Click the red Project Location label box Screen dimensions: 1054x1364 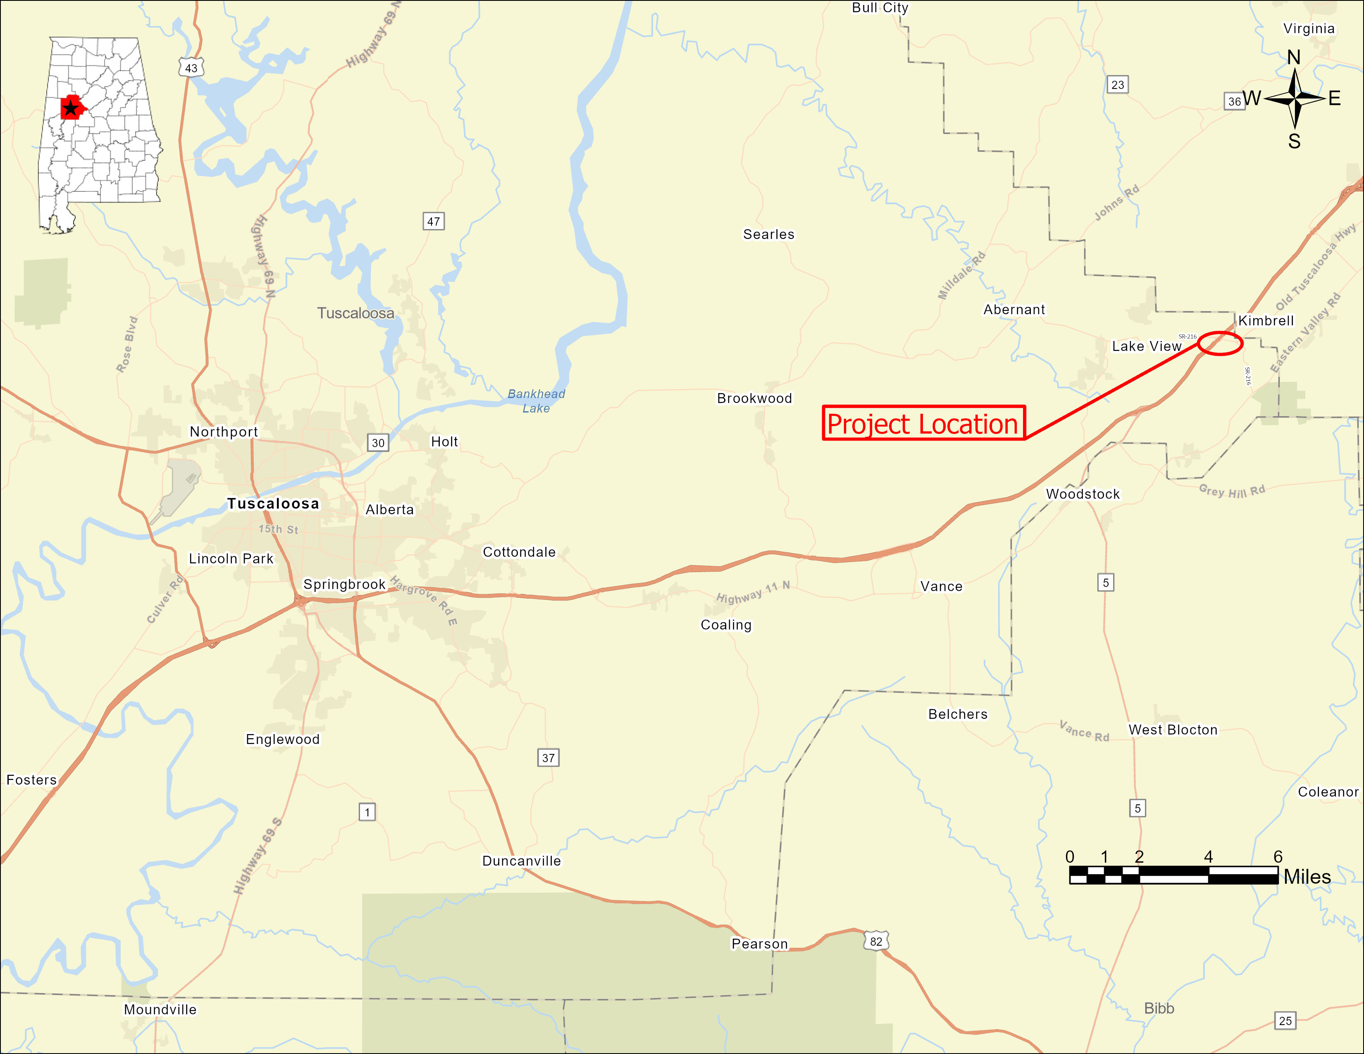tap(923, 423)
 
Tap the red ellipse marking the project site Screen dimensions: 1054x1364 tap(1220, 343)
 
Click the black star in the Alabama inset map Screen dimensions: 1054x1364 tap(71, 109)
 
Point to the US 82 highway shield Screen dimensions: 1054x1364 tap(876, 941)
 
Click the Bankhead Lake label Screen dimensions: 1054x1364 tap(536, 401)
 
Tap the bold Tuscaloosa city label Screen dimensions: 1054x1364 tap(273, 503)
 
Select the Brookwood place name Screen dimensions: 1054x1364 tap(754, 398)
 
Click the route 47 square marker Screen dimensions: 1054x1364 tap(434, 221)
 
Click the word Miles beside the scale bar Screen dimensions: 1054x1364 tap(1307, 877)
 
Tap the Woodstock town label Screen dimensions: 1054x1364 tap(1083, 494)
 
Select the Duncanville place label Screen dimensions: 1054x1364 tap(522, 861)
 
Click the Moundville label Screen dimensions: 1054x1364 tap(160, 1010)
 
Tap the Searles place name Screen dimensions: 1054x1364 tap(768, 234)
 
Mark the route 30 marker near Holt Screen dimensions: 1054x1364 tap(378, 443)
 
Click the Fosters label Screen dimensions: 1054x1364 tap(31, 780)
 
